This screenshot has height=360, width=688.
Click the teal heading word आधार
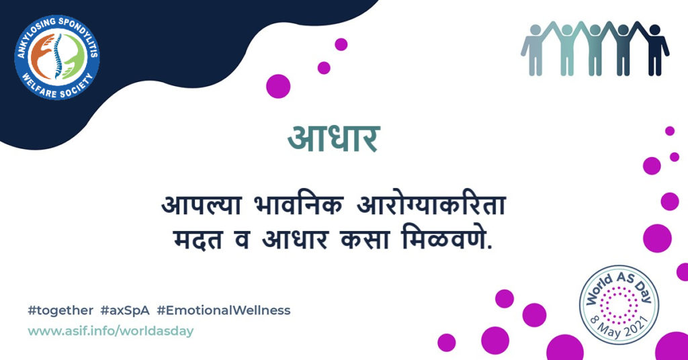(x=334, y=138)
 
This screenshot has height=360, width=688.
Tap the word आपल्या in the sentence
(x=202, y=206)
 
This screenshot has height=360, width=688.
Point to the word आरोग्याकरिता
(x=431, y=206)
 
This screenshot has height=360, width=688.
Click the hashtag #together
(x=60, y=310)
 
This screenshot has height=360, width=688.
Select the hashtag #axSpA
(x=125, y=310)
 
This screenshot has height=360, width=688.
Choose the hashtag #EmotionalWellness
(x=224, y=310)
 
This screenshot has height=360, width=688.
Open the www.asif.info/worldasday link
(x=111, y=330)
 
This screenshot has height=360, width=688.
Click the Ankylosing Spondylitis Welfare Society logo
(x=57, y=57)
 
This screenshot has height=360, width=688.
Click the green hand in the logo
(x=73, y=56)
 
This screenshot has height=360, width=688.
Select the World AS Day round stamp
(x=619, y=305)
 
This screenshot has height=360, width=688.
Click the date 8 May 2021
(x=620, y=326)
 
